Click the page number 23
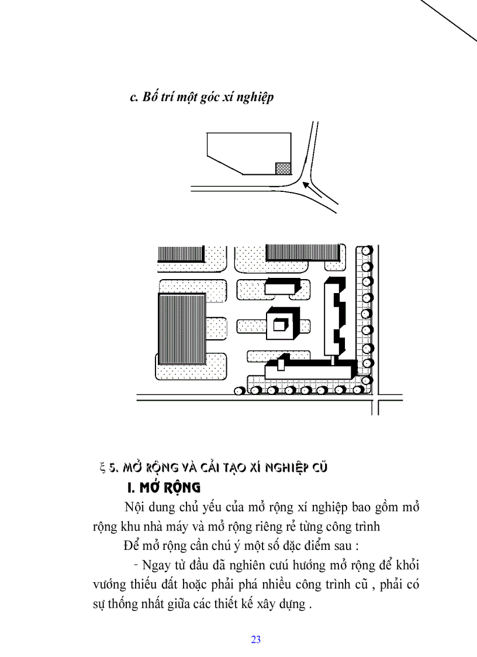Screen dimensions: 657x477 tap(255, 639)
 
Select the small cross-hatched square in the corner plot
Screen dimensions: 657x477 tap(283, 168)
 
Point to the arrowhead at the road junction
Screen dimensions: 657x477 tap(306, 185)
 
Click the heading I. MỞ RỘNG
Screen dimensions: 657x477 tap(164, 487)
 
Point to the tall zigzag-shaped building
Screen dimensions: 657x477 tap(336, 316)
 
